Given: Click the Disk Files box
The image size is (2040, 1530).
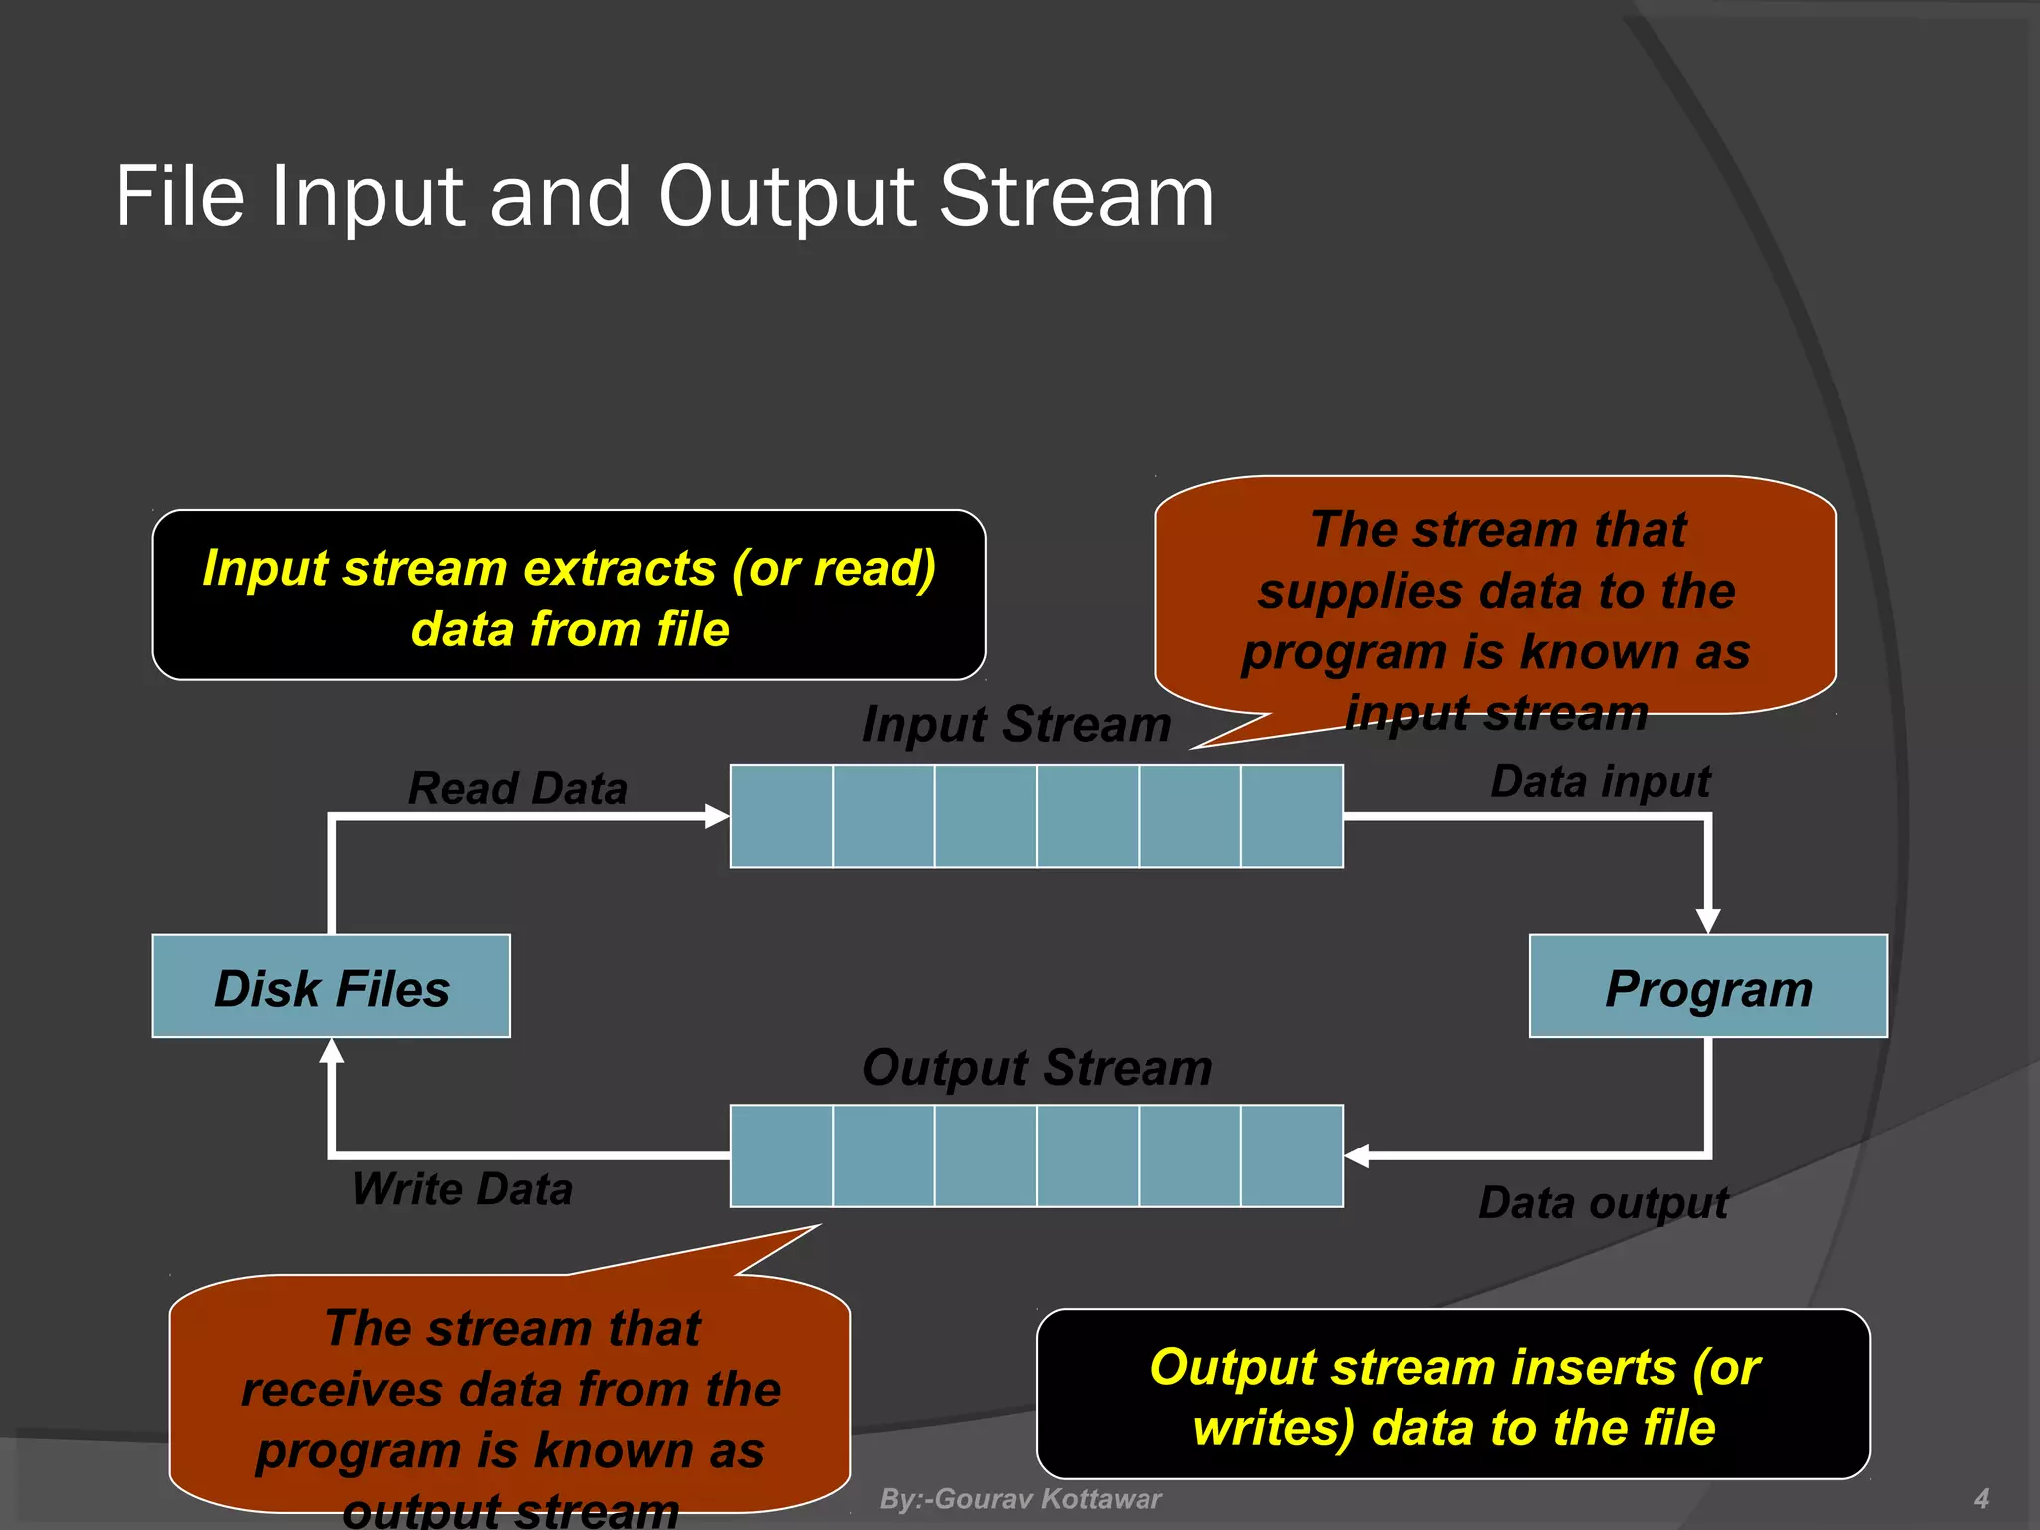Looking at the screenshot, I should (x=331, y=986).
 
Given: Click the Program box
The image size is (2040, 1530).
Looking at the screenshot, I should (x=1707, y=986).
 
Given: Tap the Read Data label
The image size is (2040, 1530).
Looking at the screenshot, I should (x=518, y=788).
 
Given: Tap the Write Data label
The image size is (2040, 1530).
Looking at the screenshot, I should (x=462, y=1189).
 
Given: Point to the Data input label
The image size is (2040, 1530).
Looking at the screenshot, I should (x=1600, y=781).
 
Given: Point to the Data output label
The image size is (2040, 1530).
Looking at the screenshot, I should (x=1603, y=1202).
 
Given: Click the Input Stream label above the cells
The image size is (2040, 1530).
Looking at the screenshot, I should (x=1016, y=724).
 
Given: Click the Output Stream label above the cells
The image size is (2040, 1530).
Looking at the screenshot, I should (x=1037, y=1068).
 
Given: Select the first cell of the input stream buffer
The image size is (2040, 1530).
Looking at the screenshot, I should (x=782, y=816).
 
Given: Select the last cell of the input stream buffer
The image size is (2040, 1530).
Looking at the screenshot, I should (x=1292, y=816).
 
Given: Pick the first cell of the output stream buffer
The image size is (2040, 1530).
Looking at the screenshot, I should (x=782, y=1155).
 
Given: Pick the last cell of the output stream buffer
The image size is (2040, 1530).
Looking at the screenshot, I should (x=1292, y=1155).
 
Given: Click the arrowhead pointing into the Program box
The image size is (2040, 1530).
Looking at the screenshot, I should (x=1708, y=921).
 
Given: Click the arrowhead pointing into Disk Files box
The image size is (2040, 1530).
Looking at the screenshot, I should (x=332, y=1051).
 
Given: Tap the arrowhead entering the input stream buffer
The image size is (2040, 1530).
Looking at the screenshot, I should (x=717, y=816).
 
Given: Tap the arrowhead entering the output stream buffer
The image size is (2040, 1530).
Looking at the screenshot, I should (x=1357, y=1155).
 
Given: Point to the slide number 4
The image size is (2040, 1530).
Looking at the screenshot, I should (x=1981, y=1499).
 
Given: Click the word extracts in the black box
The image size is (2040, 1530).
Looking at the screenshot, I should (x=620, y=568).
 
